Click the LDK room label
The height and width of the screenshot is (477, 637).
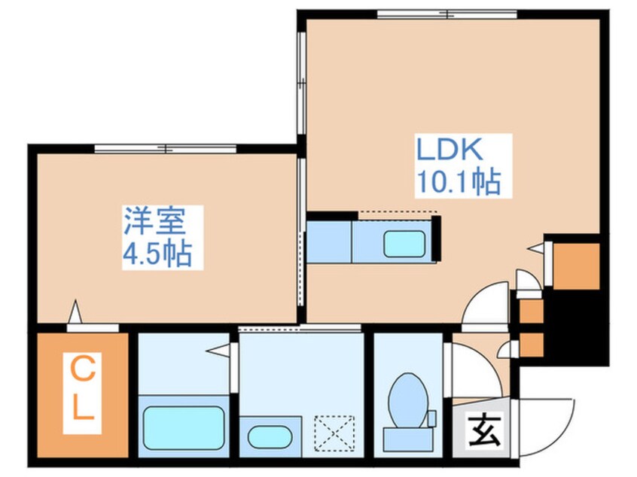click(x=450, y=149)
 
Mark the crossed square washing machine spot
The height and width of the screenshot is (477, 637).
click(x=335, y=434)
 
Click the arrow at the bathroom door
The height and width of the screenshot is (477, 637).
click(x=218, y=349)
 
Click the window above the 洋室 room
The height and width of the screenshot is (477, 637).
click(x=166, y=148)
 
